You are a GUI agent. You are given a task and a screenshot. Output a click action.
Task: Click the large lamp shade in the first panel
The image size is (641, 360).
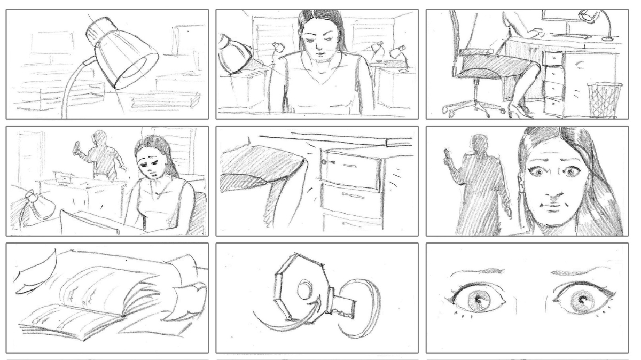(124, 56)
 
